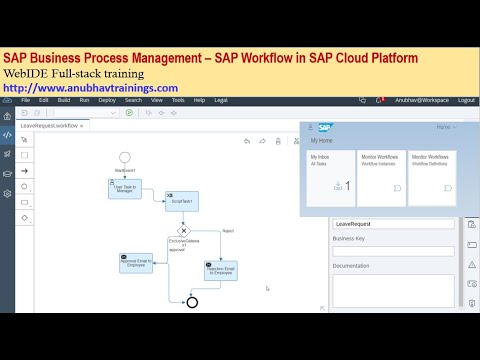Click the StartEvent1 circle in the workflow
125,157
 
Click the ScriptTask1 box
181,201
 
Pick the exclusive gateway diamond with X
183,231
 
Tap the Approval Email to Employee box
136,262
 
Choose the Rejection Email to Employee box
220,270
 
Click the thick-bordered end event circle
192,302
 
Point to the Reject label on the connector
228,231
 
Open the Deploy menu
107,100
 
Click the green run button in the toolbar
129,112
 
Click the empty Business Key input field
393,251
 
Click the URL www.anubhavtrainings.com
91,88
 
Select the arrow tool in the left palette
25,170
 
